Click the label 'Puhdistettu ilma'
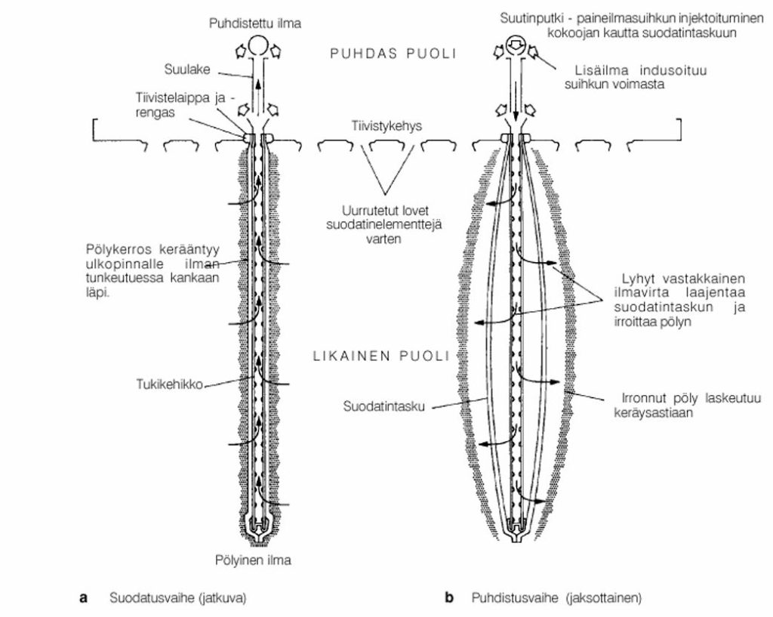[255, 23]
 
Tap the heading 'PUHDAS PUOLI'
[393, 54]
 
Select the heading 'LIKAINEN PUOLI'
[381, 356]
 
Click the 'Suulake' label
[187, 69]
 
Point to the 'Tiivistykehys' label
[386, 126]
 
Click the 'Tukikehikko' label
[170, 384]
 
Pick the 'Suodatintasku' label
[384, 407]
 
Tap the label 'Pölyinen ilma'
[253, 560]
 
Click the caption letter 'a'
[83, 598]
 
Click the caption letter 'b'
[448, 598]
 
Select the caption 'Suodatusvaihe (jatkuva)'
[178, 598]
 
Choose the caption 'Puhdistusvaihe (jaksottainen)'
[556, 598]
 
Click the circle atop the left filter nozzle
[257, 45]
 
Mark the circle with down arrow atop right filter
[515, 44]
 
